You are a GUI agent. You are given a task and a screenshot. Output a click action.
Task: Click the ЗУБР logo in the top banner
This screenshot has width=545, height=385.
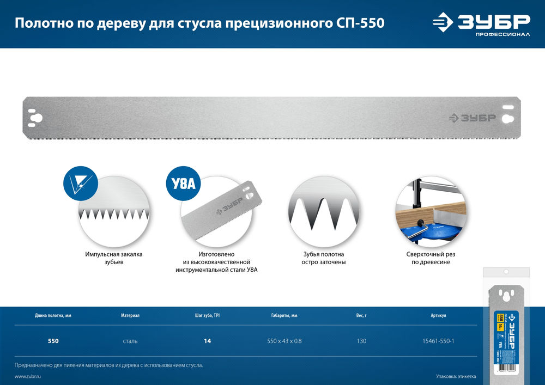click(x=481, y=23)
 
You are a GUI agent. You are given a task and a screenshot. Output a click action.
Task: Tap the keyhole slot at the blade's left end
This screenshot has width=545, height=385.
click(x=37, y=118)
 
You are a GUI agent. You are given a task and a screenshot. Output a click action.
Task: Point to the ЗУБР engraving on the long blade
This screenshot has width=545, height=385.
click(x=472, y=118)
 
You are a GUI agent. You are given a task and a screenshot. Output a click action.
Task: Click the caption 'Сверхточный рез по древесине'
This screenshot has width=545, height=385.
click(x=431, y=258)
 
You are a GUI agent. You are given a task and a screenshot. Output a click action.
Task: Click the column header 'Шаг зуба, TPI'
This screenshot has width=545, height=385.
click(x=207, y=315)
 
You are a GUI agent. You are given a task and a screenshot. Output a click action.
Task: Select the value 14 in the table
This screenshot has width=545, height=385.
click(x=207, y=341)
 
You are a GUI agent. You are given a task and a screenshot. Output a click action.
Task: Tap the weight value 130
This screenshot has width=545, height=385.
click(x=360, y=341)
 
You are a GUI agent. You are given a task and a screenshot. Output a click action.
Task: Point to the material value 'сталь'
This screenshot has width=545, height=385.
click(x=130, y=341)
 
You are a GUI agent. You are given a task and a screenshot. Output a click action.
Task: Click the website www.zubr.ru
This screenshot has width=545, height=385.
click(x=28, y=377)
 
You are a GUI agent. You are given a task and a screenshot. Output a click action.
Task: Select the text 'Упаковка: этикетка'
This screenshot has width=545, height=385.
click(x=456, y=377)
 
